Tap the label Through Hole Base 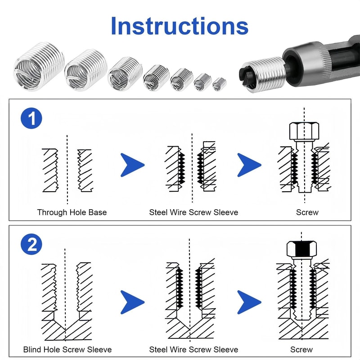[72, 212]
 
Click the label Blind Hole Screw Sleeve [67, 349]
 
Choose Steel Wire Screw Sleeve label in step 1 [193, 212]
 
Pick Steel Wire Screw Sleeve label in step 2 [193, 349]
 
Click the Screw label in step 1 [307, 212]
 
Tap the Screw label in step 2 [301, 349]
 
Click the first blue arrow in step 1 [132, 165]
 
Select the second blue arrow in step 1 [249, 165]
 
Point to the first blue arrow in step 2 [132, 302]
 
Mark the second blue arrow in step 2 [249, 302]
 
